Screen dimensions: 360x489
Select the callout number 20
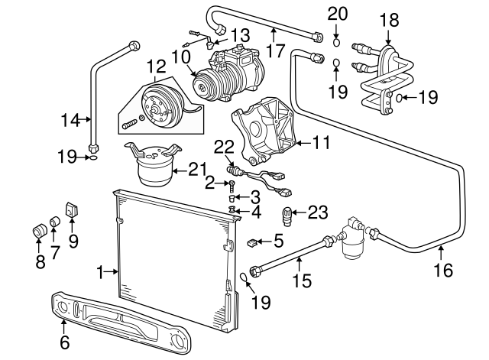tap(337, 13)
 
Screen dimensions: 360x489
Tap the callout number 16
tap(442, 270)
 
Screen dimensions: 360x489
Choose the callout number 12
tap(156, 66)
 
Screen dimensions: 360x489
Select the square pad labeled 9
tap(72, 208)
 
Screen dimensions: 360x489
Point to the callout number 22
tap(222, 146)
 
